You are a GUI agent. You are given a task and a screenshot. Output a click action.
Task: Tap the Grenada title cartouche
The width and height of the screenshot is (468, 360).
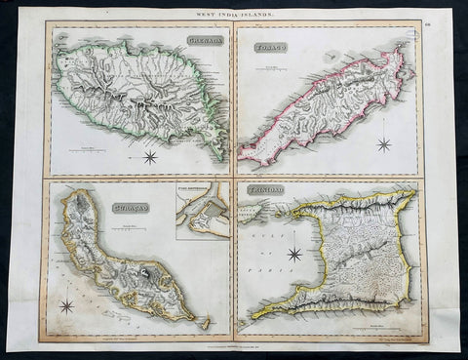point(200,40)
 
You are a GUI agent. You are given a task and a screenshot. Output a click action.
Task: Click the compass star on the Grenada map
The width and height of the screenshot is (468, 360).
point(151,156)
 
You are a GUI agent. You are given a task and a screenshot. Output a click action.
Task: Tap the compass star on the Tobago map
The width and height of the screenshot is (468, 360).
point(383,144)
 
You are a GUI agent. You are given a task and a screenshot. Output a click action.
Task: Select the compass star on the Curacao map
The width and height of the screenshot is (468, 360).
point(67,305)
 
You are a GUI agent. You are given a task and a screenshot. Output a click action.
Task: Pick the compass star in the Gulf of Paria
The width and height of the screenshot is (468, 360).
point(292,255)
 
